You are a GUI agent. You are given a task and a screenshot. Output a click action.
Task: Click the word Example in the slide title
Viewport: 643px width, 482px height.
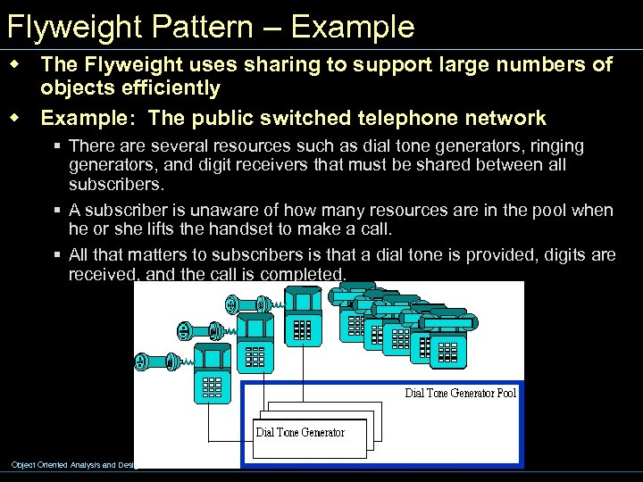coord(353,27)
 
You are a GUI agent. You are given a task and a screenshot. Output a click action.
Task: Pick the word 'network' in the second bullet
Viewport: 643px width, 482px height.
coord(506,118)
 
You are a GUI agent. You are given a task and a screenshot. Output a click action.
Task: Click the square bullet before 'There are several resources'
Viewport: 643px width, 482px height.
coord(56,145)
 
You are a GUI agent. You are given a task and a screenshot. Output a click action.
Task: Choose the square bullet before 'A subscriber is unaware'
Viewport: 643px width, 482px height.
coord(56,211)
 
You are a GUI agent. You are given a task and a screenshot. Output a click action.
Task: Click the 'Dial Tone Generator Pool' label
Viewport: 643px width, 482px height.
coord(460,393)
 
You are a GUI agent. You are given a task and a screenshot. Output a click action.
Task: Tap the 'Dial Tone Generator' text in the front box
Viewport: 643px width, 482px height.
coord(300,433)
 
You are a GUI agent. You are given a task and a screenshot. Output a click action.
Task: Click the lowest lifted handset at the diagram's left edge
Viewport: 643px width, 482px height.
coord(152,362)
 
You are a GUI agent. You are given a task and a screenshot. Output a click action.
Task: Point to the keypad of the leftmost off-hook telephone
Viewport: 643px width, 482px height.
coord(212,386)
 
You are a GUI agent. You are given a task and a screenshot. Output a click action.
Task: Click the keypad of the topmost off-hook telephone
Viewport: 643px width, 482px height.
coord(303,328)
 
